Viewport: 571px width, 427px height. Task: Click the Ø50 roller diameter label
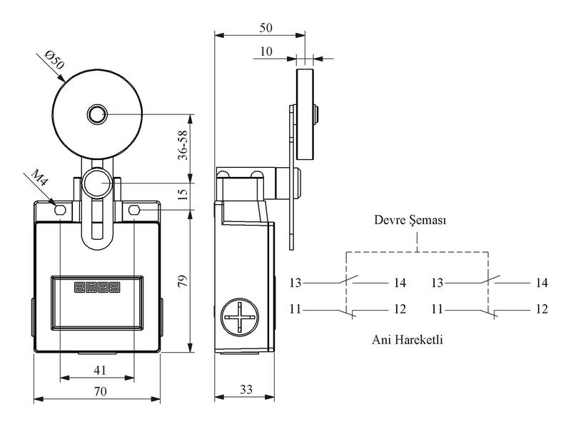point(54,60)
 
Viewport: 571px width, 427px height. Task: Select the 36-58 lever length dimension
point(183,145)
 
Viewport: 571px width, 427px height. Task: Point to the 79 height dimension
point(183,281)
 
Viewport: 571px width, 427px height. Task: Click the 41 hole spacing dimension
point(100,370)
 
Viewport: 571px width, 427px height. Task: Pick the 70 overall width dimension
point(100,391)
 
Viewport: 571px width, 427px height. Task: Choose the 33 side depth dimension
point(246,389)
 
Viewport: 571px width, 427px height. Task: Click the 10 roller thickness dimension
point(266,51)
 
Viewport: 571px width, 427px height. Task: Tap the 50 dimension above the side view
point(266,28)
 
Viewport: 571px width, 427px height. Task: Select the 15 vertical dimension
point(183,194)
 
